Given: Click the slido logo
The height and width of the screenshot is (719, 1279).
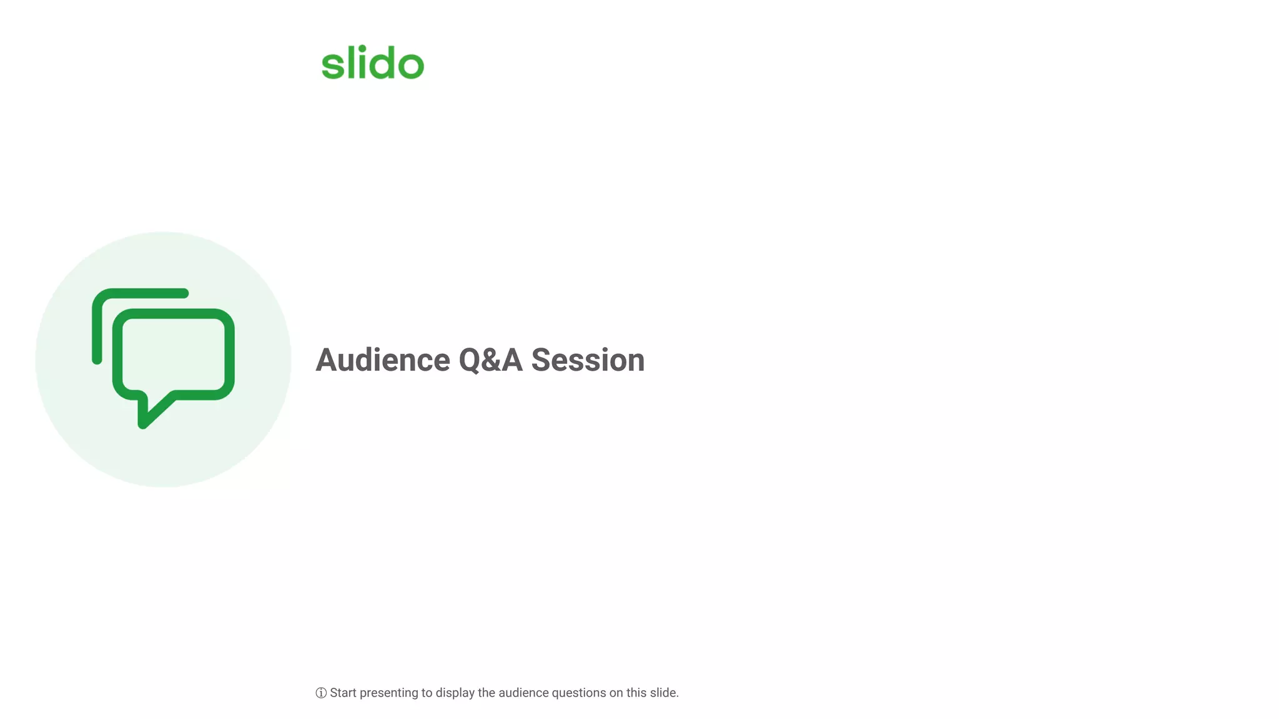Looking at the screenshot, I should tap(373, 62).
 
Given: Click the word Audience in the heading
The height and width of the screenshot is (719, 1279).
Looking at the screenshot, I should tap(382, 360).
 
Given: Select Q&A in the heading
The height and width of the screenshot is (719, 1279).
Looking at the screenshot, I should tap(490, 360).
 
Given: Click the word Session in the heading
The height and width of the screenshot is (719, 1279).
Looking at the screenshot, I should tap(588, 360).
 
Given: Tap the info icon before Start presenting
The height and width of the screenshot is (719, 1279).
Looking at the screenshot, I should tap(321, 693).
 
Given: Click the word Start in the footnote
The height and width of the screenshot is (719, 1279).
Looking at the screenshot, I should tap(343, 693).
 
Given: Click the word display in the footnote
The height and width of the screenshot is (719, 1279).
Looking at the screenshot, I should tap(455, 693).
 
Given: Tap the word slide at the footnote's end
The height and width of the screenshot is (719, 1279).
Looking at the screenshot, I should tap(663, 693).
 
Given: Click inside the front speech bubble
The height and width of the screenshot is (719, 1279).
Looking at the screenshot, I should tap(173, 354).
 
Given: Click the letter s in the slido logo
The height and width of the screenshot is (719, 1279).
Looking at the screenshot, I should tap(332, 66).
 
